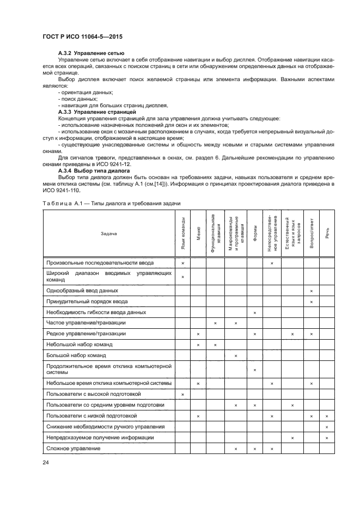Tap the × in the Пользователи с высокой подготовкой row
click(182, 394)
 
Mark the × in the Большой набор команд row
click(236, 355)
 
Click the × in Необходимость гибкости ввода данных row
click(254, 312)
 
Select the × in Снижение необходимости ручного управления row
click(327, 427)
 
